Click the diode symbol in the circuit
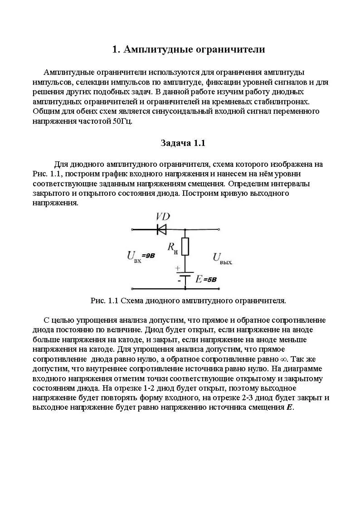click(161, 229)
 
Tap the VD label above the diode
click(163, 216)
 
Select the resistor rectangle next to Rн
click(185, 246)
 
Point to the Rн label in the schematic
click(172, 247)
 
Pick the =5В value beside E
click(209, 280)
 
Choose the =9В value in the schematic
click(148, 256)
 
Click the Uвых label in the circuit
click(222, 258)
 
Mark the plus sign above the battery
click(177, 268)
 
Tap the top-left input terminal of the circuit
click(132, 229)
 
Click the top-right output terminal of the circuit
click(219, 229)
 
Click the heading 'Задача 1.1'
click(183, 143)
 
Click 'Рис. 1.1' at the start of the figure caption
click(105, 301)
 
